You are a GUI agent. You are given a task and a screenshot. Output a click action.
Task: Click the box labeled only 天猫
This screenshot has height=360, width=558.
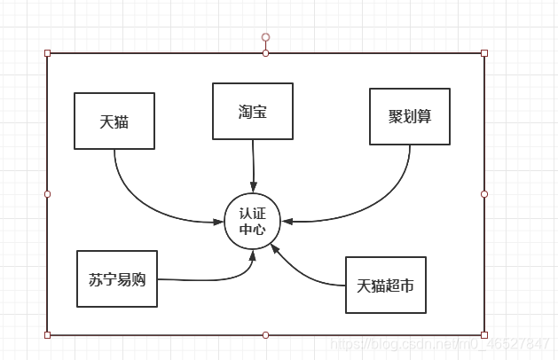[114, 121]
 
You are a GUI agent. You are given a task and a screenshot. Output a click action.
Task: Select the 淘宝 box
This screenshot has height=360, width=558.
[253, 112]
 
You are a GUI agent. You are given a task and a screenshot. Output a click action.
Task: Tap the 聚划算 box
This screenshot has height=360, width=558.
[409, 116]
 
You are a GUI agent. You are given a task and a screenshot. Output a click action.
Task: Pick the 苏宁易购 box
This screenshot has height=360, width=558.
[117, 278]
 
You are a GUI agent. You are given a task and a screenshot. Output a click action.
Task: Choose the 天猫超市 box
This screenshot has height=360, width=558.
[385, 285]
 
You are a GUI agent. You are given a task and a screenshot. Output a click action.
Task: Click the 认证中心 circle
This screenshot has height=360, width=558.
[253, 221]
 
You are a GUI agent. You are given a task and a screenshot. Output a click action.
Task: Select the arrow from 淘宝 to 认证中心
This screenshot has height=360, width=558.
[253, 165]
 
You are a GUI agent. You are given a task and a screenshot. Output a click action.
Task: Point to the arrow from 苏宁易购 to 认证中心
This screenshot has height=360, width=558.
[213, 279]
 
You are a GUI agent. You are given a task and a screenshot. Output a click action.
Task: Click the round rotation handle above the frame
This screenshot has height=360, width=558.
[265, 37]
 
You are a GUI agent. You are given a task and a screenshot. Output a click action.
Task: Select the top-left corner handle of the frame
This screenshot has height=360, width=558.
[48, 53]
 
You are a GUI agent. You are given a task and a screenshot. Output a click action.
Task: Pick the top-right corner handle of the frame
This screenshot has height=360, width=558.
[484, 53]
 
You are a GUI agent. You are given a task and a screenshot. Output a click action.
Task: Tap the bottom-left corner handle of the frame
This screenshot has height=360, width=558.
[48, 335]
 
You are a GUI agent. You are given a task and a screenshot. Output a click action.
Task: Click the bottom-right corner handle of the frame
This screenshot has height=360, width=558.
[484, 335]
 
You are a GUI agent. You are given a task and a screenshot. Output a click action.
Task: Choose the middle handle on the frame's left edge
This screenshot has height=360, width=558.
[48, 193]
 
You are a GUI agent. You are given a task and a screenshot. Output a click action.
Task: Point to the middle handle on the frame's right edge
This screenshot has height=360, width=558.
[484, 193]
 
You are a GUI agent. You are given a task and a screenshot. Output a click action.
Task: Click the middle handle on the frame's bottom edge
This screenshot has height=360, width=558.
[265, 335]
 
